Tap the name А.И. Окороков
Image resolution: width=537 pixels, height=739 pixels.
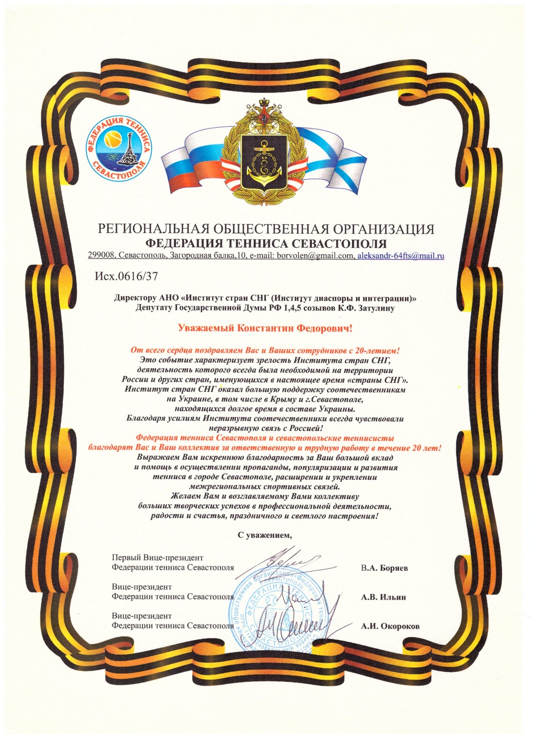click(x=390, y=626)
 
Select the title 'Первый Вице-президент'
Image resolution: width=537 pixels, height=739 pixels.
click(x=157, y=558)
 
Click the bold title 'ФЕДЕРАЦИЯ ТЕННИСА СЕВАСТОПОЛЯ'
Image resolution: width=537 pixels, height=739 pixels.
click(x=266, y=242)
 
